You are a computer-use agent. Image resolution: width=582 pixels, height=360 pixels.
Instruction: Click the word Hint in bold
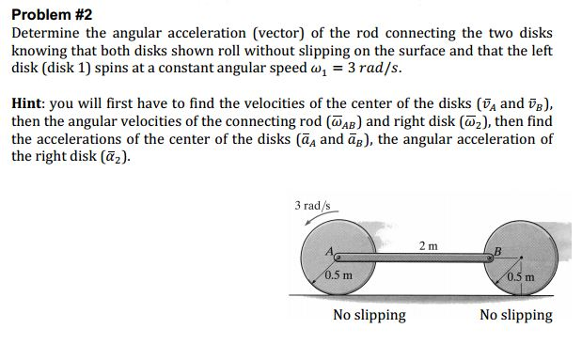(31, 104)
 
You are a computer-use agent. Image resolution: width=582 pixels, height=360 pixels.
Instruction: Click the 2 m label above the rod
(428, 246)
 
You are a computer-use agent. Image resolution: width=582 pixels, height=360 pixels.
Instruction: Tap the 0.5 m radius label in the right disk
(520, 275)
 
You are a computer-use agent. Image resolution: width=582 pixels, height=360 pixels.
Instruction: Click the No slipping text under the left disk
(370, 315)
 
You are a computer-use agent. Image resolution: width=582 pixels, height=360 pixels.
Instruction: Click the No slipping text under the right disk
(515, 315)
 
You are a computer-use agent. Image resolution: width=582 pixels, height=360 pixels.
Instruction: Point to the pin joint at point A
(337, 256)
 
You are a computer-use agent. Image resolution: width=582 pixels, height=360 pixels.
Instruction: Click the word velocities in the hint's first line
(273, 104)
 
